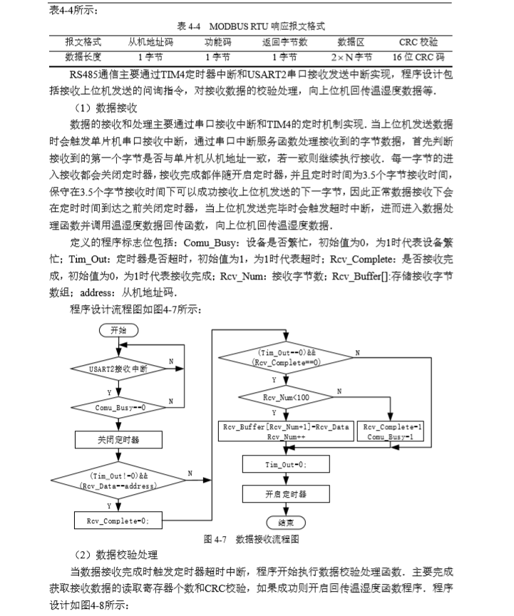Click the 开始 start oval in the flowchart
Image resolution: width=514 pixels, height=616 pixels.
pyautogui.click(x=118, y=331)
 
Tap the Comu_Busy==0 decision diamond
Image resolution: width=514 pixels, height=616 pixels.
pyautogui.click(x=118, y=407)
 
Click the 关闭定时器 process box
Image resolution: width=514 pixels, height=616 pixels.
pyautogui.click(x=118, y=441)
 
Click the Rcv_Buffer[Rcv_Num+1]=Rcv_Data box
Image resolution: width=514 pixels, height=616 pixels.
pyautogui.click(x=286, y=431)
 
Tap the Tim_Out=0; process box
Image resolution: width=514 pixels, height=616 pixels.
pyautogui.click(x=286, y=465)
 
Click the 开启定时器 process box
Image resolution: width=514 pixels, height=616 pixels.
pyautogui.click(x=286, y=493)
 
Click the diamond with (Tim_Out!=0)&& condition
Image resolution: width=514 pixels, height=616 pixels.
pyautogui.click(x=118, y=480)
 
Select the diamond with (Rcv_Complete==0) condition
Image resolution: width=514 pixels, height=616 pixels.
pyautogui.click(x=286, y=357)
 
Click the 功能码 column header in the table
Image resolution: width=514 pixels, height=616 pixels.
pyautogui.click(x=216, y=42)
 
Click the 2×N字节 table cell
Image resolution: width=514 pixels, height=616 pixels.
pyautogui.click(x=351, y=56)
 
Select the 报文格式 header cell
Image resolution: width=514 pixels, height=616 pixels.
pyautogui.click(x=83, y=42)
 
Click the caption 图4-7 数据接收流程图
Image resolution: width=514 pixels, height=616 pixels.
pyautogui.click(x=250, y=540)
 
